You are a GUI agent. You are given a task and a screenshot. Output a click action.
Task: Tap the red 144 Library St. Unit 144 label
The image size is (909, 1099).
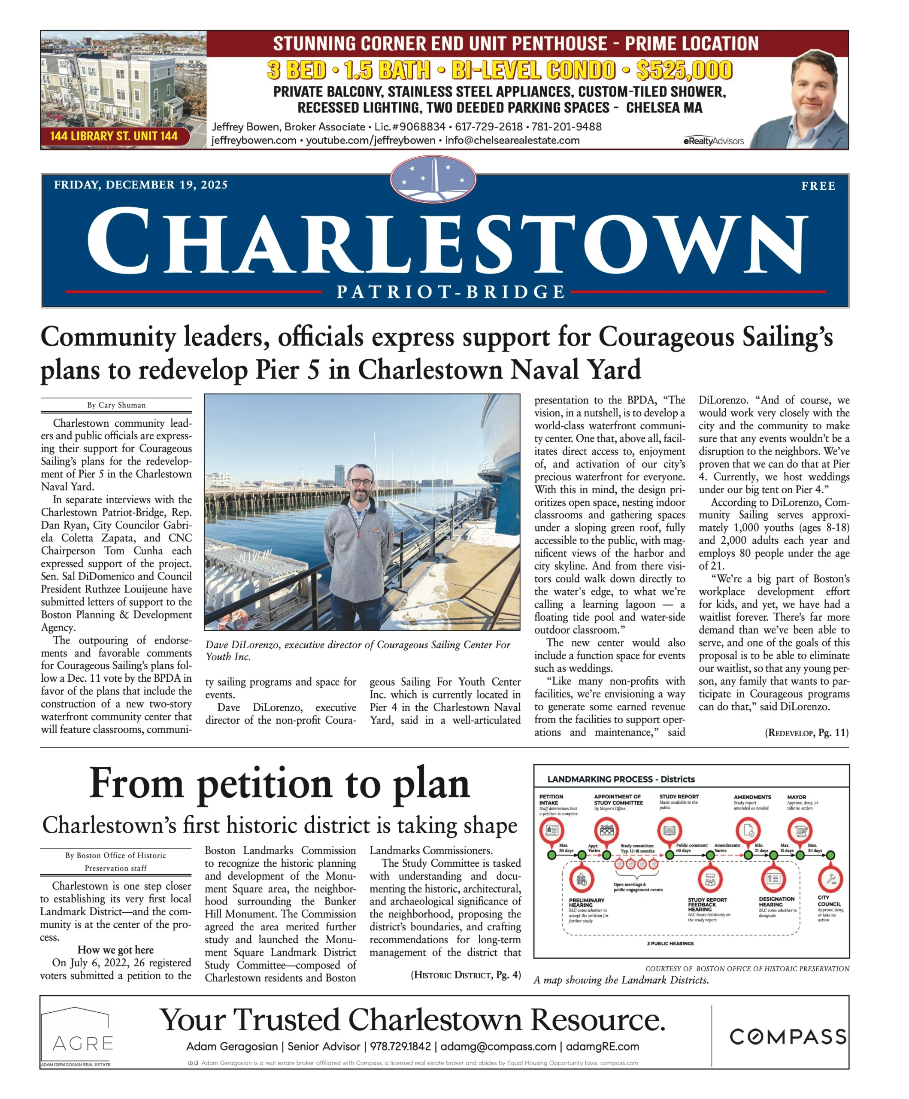114,136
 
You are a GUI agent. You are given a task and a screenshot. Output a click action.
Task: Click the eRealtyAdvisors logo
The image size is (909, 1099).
713,141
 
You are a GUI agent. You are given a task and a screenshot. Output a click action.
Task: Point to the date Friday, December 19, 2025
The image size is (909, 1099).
140,185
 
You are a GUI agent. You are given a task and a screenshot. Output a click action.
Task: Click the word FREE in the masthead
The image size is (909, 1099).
818,186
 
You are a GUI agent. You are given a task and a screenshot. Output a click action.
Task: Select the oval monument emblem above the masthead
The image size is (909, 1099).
433,179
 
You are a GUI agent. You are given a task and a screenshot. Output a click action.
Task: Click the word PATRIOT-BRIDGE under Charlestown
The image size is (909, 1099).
451,291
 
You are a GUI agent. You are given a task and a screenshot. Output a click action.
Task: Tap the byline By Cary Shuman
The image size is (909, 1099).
116,405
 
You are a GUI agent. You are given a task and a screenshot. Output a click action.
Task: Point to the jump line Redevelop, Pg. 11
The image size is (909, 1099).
806,732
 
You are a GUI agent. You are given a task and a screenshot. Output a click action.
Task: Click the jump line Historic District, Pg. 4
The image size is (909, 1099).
465,975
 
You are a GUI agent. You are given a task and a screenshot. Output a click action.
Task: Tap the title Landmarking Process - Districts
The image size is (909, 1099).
621,779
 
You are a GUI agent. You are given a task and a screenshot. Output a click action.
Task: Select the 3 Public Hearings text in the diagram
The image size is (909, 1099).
670,944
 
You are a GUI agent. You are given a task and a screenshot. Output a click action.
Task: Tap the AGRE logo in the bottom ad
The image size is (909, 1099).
83,1043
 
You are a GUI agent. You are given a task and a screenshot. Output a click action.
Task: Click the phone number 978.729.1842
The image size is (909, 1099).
400,1047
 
